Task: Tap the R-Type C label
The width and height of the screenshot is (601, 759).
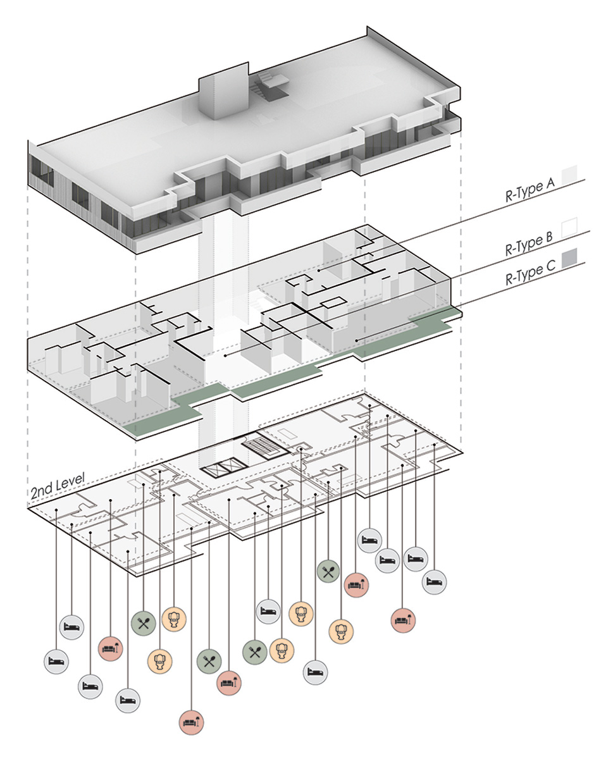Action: click(530, 275)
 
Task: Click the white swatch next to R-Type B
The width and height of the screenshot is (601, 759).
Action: click(571, 225)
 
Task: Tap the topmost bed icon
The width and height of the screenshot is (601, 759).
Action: click(369, 541)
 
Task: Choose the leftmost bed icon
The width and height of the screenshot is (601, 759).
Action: click(56, 661)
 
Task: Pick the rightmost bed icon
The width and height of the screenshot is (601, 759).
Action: click(435, 580)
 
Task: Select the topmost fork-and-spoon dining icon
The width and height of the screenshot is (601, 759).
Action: click(328, 572)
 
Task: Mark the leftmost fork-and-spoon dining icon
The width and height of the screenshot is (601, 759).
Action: click(144, 623)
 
